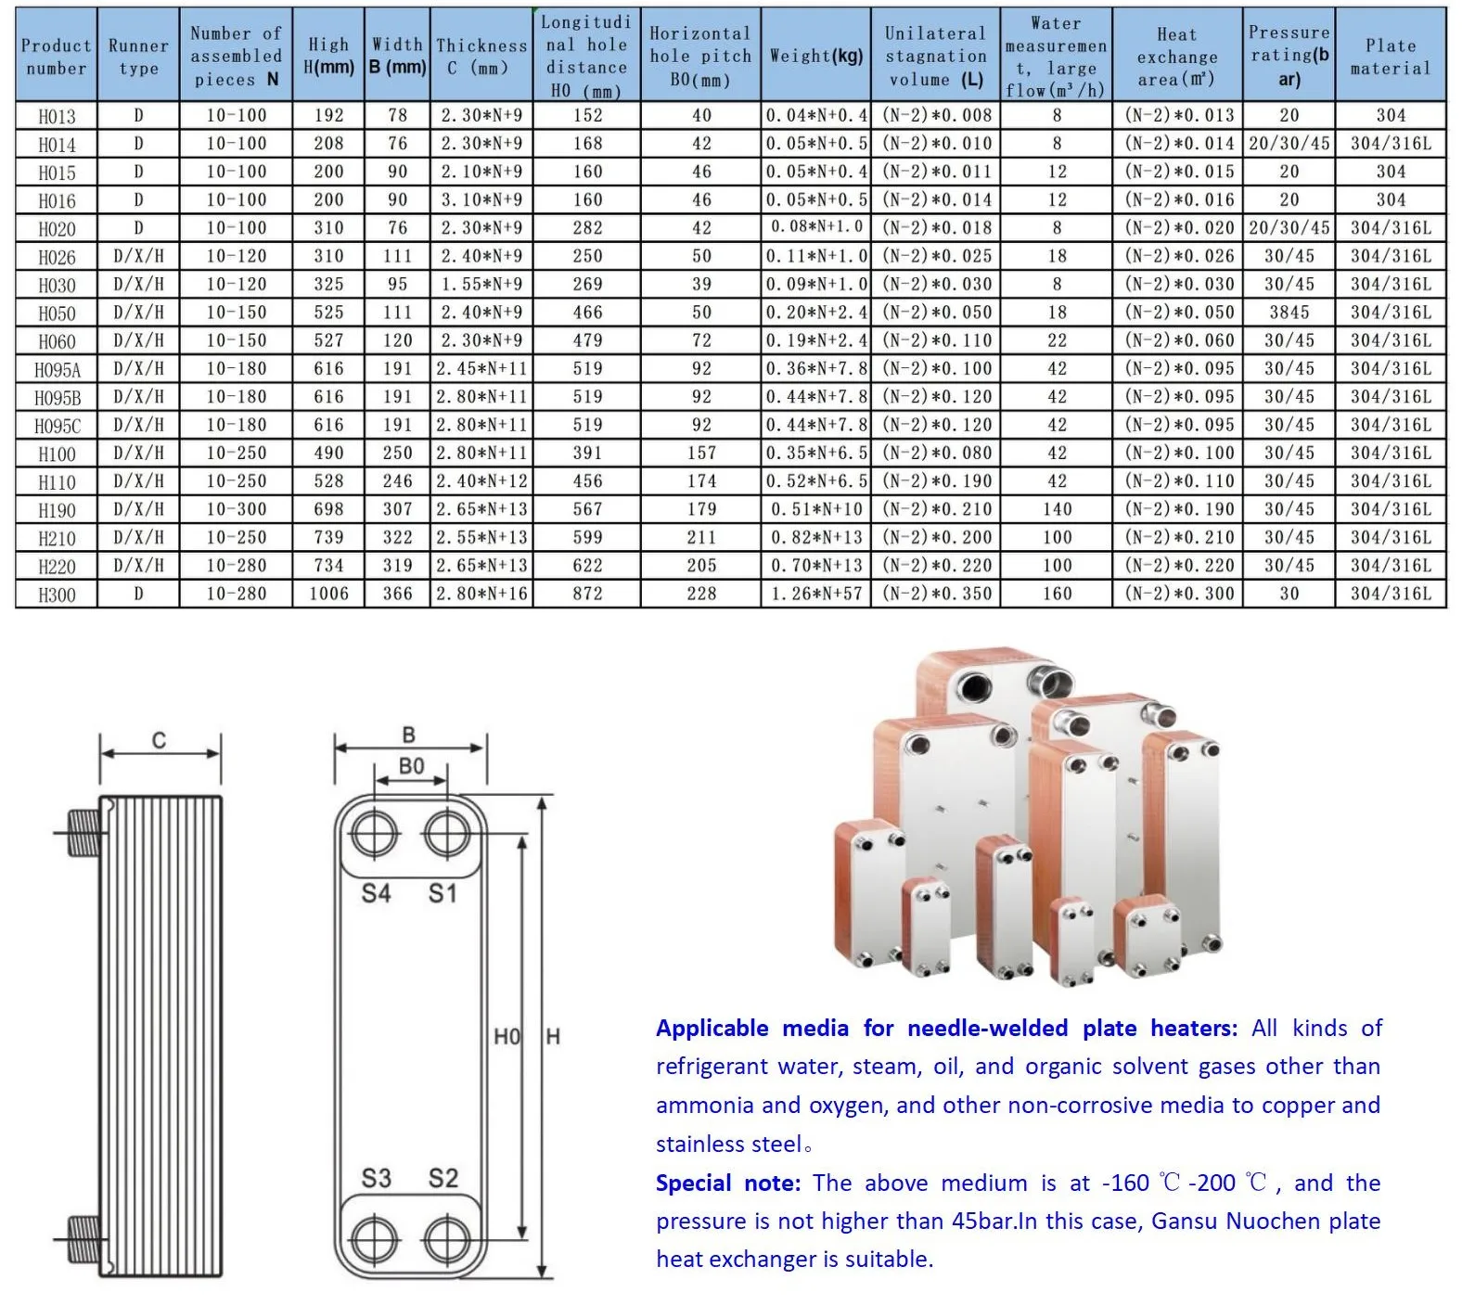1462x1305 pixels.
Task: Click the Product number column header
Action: [56, 57]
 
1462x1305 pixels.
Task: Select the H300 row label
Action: [57, 595]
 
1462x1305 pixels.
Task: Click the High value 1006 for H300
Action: [328, 594]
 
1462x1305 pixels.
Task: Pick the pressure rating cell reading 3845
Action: [1289, 313]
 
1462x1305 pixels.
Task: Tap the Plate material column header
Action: [1390, 57]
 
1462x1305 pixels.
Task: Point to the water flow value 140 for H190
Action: [1057, 509]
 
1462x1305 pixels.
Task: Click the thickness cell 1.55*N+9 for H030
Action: [481, 285]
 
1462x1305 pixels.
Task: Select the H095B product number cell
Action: [57, 398]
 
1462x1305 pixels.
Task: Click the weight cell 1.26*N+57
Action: [815, 594]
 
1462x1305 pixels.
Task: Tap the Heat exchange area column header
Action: [1176, 57]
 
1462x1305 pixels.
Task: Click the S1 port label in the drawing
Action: [442, 894]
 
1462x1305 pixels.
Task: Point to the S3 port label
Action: [376, 1178]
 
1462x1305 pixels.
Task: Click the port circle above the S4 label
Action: [375, 835]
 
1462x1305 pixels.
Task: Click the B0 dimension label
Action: [411, 766]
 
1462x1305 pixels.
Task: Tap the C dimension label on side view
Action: [159, 740]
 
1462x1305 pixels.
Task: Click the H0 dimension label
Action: [507, 1036]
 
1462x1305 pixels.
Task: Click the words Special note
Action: [727, 1183]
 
